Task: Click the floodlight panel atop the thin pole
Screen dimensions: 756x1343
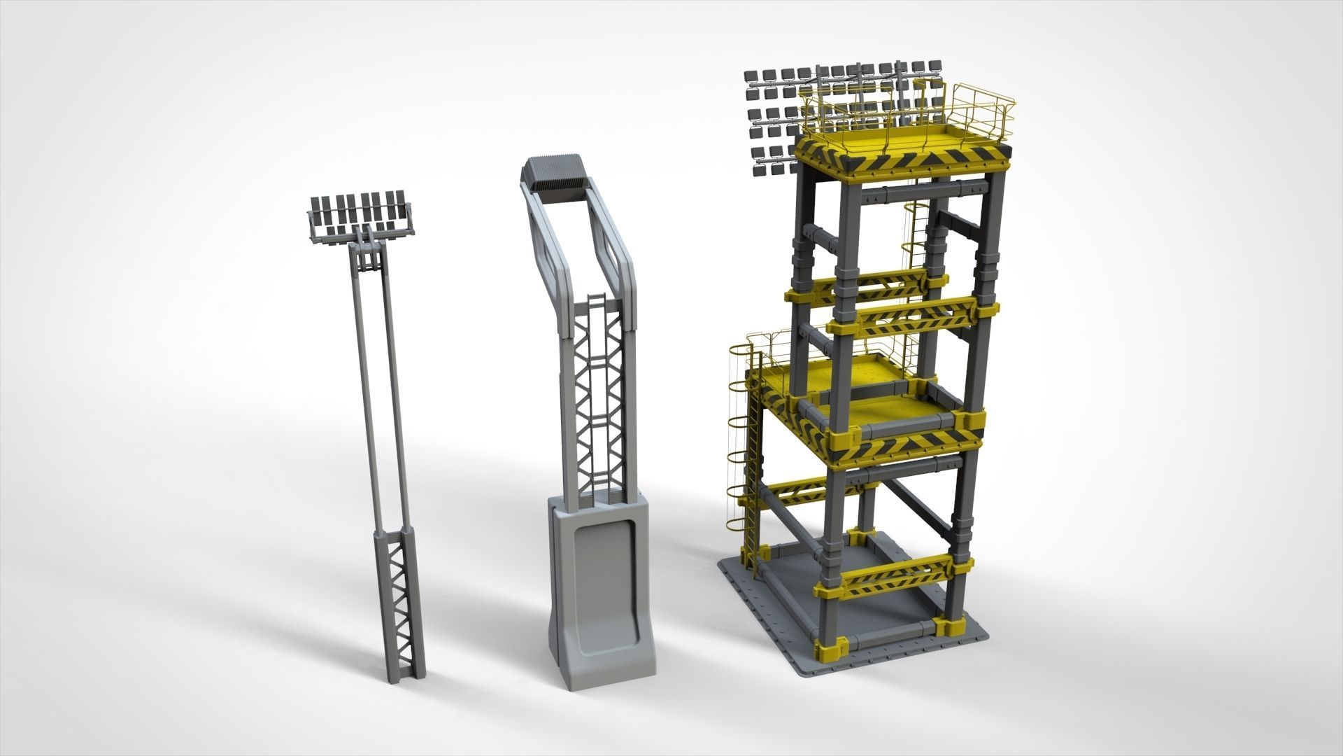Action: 360,213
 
